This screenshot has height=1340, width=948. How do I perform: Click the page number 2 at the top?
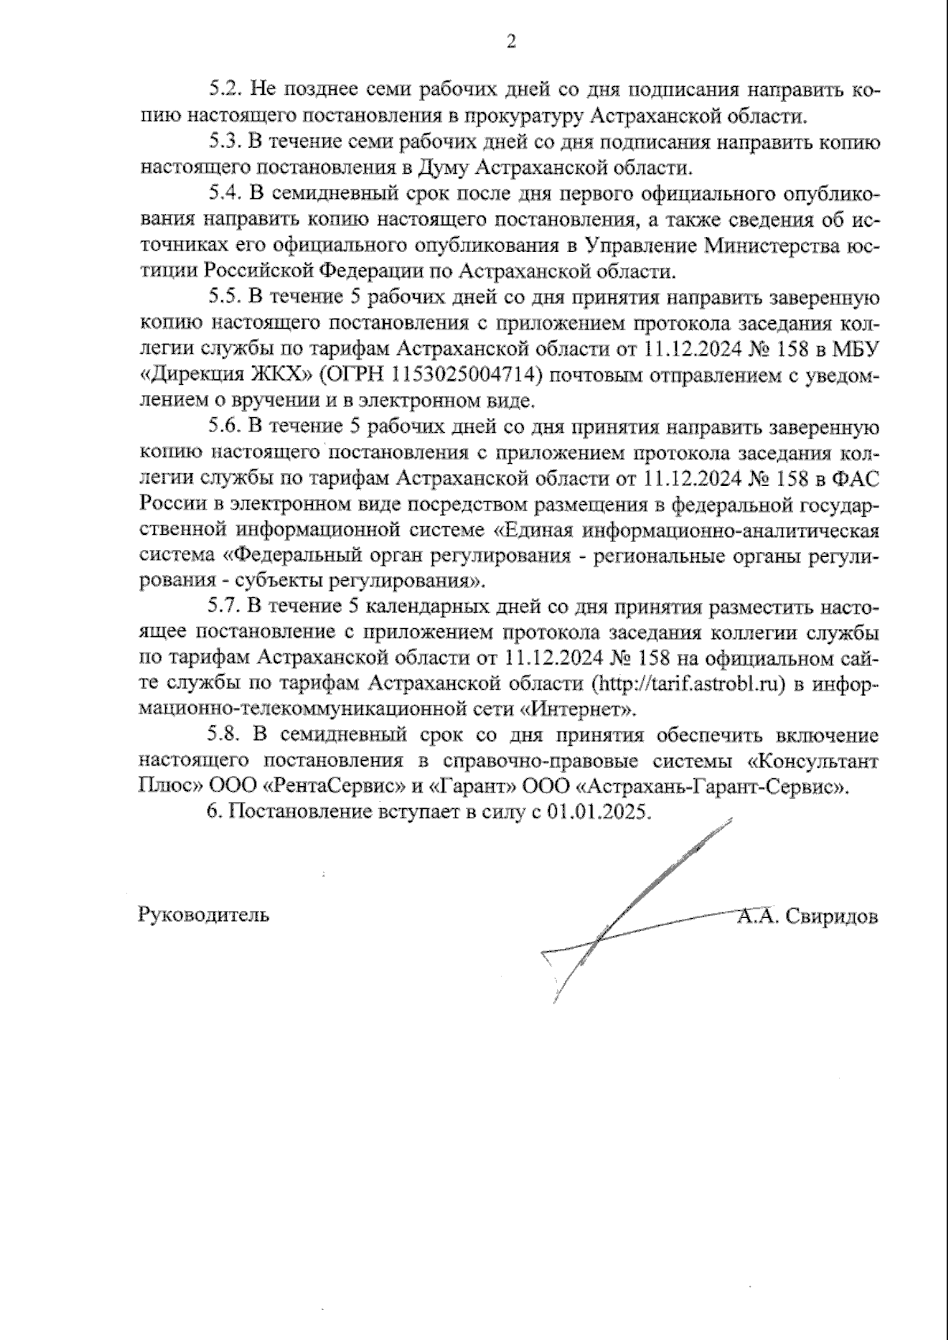click(510, 42)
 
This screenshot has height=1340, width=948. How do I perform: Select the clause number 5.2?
click(226, 90)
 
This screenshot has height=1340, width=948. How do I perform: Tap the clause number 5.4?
click(226, 194)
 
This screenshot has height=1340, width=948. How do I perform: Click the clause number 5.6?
click(226, 427)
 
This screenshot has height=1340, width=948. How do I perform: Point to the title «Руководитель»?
click(203, 915)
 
